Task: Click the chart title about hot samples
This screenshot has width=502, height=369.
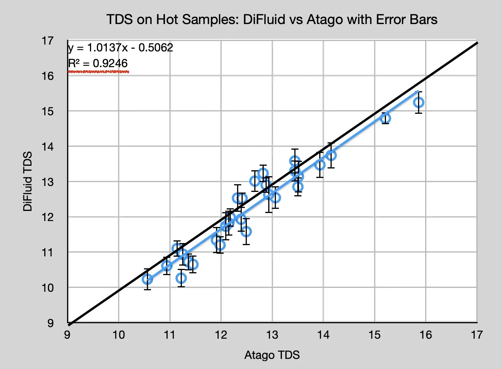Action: [x=272, y=20]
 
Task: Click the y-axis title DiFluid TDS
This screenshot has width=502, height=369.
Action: [x=28, y=181]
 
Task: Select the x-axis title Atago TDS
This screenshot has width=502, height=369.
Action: [x=272, y=355]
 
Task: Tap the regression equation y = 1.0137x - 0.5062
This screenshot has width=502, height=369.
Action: [x=120, y=48]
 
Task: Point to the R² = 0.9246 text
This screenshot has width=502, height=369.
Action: [x=98, y=63]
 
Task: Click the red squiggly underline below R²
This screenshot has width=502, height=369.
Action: [x=98, y=72]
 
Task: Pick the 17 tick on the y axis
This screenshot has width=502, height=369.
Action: [x=47, y=41]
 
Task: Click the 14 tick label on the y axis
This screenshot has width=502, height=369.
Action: [x=47, y=146]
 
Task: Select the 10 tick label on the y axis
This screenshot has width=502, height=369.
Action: [x=47, y=288]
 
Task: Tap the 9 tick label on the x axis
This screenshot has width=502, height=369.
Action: [x=67, y=335]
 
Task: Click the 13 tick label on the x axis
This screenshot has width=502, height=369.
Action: [x=272, y=335]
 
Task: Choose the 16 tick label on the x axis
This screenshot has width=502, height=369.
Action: [x=426, y=335]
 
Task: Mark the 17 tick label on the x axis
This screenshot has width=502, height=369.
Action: [x=477, y=335]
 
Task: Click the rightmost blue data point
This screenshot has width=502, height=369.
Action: [x=419, y=102]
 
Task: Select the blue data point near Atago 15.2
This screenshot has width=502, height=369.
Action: [x=385, y=118]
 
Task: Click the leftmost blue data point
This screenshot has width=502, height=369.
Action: [x=147, y=279]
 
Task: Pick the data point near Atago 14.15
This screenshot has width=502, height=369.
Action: [x=331, y=155]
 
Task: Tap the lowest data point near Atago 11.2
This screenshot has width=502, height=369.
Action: [x=181, y=278]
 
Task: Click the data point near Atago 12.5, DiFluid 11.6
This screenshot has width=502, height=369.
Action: [x=246, y=231]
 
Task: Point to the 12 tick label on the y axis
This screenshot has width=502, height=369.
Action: [x=47, y=217]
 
